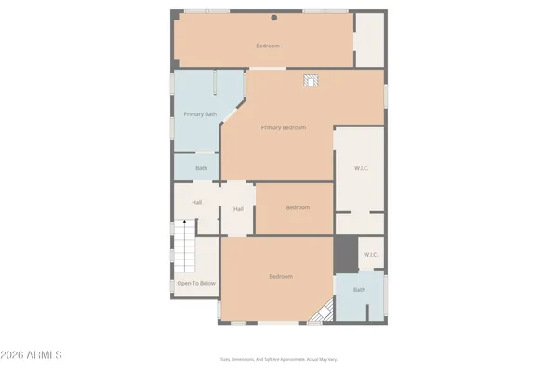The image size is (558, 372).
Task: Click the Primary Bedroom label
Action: (x=284, y=128)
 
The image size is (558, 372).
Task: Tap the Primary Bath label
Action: (x=200, y=114)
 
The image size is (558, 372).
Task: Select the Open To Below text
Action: (x=196, y=283)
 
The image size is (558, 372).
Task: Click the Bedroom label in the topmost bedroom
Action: (x=268, y=46)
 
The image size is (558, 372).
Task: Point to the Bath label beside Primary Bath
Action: (x=201, y=168)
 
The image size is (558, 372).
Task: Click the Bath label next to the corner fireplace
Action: (x=359, y=290)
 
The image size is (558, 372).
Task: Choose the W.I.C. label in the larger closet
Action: (x=362, y=168)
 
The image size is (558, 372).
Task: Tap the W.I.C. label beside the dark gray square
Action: (x=370, y=255)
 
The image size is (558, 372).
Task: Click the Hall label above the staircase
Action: (x=197, y=202)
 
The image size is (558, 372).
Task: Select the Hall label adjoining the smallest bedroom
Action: (x=238, y=209)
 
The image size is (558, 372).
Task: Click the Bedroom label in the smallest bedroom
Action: (x=298, y=207)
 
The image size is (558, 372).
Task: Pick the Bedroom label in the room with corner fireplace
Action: (x=281, y=276)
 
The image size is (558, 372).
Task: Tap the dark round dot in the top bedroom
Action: (x=273, y=18)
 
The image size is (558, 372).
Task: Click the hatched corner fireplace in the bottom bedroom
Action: (x=325, y=312)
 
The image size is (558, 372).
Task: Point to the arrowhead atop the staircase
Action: (x=184, y=223)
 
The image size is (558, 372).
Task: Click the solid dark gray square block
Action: (x=346, y=253)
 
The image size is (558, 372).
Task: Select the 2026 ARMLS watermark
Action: (x=32, y=354)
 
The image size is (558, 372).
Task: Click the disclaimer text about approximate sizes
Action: (x=278, y=358)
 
